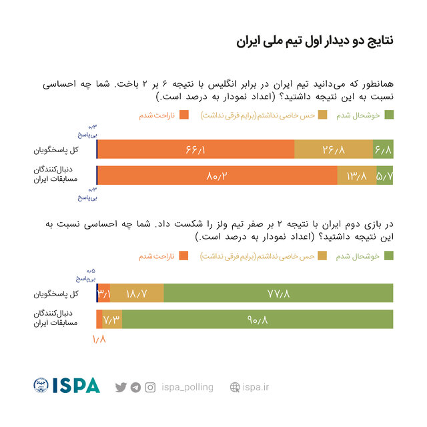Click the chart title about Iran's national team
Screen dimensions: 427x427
click(x=314, y=41)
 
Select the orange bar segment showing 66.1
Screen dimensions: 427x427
click(x=196, y=149)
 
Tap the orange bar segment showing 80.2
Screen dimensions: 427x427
click(x=218, y=175)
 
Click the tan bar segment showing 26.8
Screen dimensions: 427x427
click(x=333, y=149)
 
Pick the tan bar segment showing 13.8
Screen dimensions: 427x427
click(x=357, y=175)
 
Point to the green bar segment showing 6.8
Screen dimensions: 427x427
click(x=383, y=149)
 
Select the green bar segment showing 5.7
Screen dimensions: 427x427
click(x=385, y=175)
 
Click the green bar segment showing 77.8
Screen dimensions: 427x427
click(x=278, y=294)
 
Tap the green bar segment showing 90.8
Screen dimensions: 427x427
click(x=258, y=320)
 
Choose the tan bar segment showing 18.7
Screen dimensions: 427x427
click(x=137, y=294)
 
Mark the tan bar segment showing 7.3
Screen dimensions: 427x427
click(x=112, y=320)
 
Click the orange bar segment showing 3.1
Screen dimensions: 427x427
click(x=104, y=294)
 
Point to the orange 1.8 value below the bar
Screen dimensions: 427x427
click(x=99, y=339)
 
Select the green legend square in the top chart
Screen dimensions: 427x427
click(x=389, y=115)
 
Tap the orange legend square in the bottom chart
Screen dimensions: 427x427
click(x=184, y=256)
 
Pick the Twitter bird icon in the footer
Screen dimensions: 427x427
click(x=121, y=387)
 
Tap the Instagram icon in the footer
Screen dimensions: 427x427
click(x=150, y=387)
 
